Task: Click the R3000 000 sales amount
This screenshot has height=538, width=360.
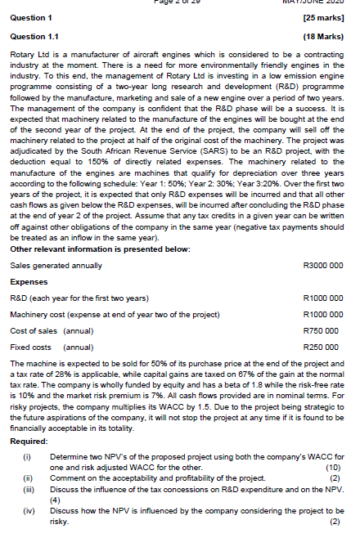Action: point(322,265)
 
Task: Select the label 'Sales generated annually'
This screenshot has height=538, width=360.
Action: point(56,265)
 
